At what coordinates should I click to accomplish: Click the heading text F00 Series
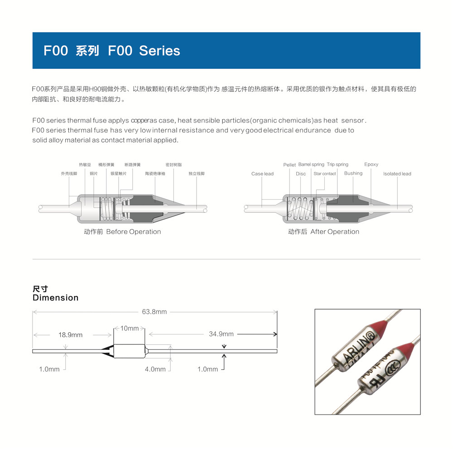(144, 50)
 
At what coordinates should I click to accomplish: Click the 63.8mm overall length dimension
(154, 312)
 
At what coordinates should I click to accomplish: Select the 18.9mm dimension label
(70, 335)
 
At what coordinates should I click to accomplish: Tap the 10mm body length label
(130, 328)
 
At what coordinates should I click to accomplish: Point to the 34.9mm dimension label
(221, 334)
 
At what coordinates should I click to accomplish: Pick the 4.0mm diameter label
(155, 369)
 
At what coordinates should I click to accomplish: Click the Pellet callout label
(289, 165)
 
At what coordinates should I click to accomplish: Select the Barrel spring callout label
(311, 165)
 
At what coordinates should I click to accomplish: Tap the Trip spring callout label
(337, 165)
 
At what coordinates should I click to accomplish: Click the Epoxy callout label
(371, 164)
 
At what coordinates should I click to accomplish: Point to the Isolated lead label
(397, 174)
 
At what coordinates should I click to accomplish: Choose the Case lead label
(262, 174)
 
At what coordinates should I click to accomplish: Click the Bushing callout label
(353, 173)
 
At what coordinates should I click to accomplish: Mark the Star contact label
(325, 174)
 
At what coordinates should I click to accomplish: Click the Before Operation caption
(133, 232)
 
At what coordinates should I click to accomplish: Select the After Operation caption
(335, 232)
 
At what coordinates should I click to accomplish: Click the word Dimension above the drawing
(55, 298)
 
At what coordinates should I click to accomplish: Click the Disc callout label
(301, 174)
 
